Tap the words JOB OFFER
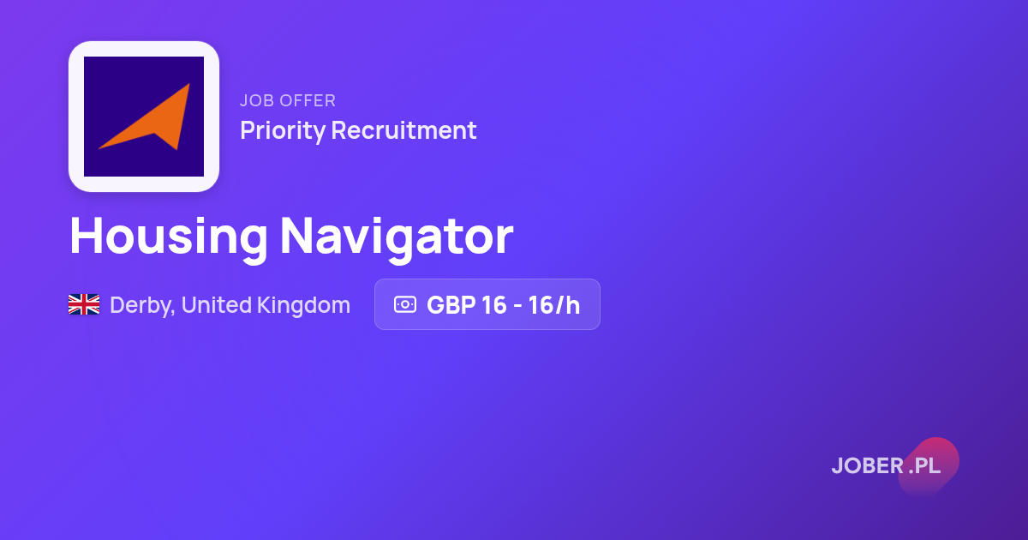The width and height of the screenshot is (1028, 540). click(288, 100)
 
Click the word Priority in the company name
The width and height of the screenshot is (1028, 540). click(282, 130)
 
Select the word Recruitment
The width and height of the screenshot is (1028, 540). click(403, 130)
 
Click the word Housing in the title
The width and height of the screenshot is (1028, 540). click(169, 237)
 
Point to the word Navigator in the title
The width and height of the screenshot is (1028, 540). click(397, 237)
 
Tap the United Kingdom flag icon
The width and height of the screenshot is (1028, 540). click(84, 304)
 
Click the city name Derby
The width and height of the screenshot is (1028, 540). click(142, 306)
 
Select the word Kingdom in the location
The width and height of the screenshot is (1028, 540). click(303, 305)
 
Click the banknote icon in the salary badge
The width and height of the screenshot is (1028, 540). click(405, 304)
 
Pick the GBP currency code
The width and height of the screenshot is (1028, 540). click(451, 305)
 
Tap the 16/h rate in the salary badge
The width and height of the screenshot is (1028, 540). click(554, 305)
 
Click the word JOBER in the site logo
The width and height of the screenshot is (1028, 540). click(868, 465)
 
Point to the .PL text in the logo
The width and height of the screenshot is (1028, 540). click(924, 465)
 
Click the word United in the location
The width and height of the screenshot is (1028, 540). click(217, 305)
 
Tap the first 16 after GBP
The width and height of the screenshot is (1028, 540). click(493, 305)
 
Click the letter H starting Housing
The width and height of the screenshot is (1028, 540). click(87, 235)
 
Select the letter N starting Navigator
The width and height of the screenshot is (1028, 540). click(297, 235)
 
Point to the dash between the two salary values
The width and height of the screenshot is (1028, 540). click(517, 306)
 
